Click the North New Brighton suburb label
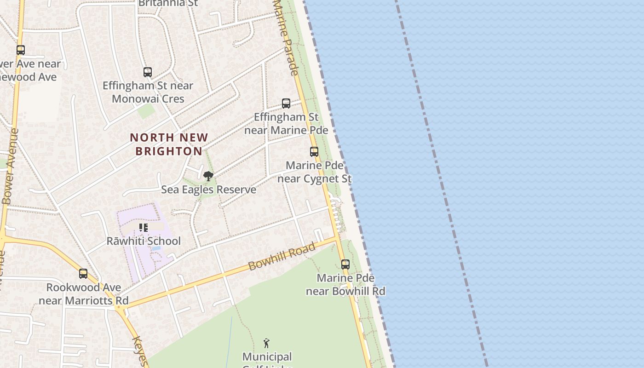click(x=169, y=144)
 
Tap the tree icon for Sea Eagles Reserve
click(x=208, y=176)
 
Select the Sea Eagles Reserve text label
click(x=208, y=190)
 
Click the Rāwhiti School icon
click(x=144, y=228)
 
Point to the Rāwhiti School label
click(x=144, y=241)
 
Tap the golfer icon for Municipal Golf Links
click(x=266, y=343)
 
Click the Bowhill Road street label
click(x=282, y=257)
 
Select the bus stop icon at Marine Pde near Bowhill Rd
click(x=345, y=264)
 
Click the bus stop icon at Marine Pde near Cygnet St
click(x=314, y=152)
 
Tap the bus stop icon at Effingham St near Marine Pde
click(x=286, y=103)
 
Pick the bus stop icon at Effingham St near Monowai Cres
click(x=148, y=72)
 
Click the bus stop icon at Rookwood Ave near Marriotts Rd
click(x=83, y=274)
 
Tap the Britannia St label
click(x=168, y=3)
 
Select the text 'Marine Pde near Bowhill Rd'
click(x=345, y=285)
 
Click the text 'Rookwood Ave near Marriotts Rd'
click(x=83, y=294)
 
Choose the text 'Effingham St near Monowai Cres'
click(x=148, y=92)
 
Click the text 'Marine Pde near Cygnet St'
click(x=315, y=172)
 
